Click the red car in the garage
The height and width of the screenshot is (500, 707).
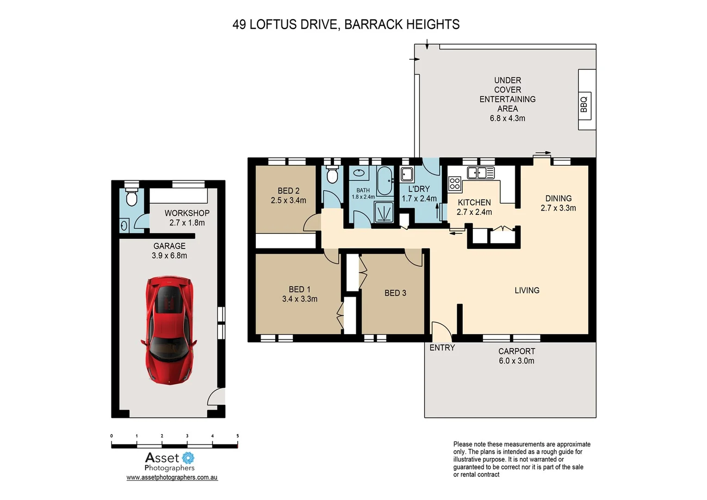click(x=169, y=330)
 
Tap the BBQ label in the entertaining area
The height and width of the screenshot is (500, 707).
click(x=584, y=104)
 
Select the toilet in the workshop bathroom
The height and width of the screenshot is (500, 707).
click(x=132, y=197)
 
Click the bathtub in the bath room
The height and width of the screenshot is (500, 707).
click(x=384, y=181)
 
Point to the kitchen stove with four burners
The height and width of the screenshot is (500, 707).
click(x=454, y=184)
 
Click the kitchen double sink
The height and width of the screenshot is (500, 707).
click(x=481, y=173)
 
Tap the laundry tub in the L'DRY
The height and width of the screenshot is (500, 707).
click(x=407, y=175)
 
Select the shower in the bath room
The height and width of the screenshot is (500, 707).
click(x=384, y=212)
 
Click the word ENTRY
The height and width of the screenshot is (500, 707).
click(x=442, y=348)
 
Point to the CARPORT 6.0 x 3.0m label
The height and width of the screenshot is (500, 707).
click(x=516, y=356)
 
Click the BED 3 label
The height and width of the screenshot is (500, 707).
click(x=395, y=293)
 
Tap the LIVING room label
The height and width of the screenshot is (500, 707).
click(x=527, y=290)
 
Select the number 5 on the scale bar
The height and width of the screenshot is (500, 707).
click(x=238, y=436)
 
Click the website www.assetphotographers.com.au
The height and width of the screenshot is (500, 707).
click(x=172, y=477)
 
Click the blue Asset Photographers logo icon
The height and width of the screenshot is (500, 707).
click(x=188, y=458)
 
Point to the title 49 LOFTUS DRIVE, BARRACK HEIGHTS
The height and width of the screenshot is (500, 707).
click(x=346, y=25)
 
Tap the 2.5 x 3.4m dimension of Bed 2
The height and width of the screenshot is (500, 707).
click(x=288, y=200)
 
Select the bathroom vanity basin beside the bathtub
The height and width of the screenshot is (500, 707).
click(x=359, y=173)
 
